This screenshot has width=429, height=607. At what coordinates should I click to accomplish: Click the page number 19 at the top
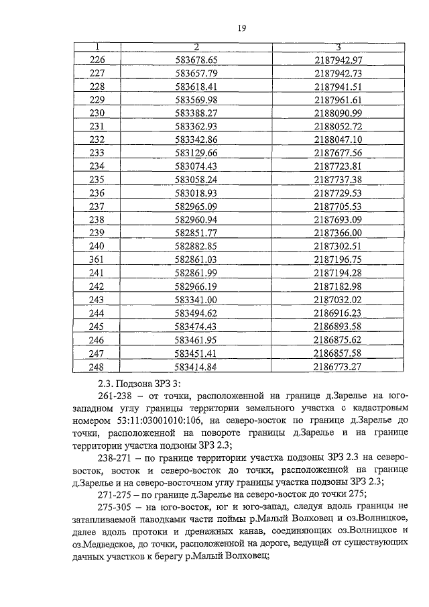(x=243, y=27)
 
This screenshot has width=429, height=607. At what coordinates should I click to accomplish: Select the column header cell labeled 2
(x=196, y=47)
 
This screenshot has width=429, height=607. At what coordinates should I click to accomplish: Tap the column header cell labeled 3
(x=338, y=47)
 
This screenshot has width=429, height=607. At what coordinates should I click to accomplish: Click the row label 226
(x=97, y=60)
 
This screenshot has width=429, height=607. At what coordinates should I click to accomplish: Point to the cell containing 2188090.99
(x=338, y=113)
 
